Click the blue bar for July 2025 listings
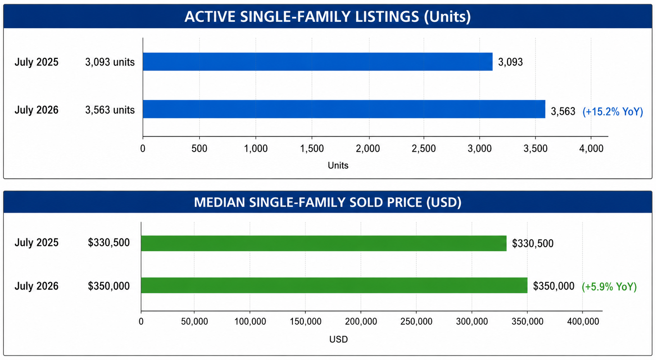318,62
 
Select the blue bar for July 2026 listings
344,109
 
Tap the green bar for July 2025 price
324,243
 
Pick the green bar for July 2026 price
334,285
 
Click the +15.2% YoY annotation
613,112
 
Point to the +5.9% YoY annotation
609,286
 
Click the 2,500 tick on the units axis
424,148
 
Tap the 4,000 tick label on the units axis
591,148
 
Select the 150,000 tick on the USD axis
305,321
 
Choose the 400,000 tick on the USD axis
583,321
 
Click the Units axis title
338,165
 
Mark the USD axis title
339,339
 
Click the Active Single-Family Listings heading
328,16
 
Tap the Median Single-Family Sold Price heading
328,202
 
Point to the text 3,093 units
110,62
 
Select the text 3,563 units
110,110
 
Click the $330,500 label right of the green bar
533,243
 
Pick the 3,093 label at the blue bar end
510,62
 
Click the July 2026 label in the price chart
36,286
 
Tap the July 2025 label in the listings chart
36,62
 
